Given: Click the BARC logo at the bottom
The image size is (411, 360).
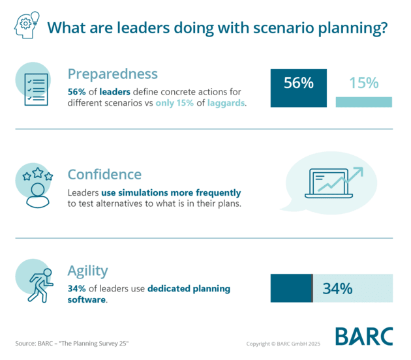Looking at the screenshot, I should tap(364, 336).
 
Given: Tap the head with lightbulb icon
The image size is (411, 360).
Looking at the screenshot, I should tap(25, 27).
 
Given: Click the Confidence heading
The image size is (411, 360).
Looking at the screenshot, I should tap(104, 174).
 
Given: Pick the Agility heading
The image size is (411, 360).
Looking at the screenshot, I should tap(88, 270).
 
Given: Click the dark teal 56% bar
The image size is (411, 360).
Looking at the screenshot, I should tap(298, 87).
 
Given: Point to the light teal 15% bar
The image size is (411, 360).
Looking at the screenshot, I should tap(363, 102).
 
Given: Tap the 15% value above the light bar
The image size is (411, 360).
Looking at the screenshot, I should tap(363, 83).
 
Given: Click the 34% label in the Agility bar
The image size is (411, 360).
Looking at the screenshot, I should tap(337, 288).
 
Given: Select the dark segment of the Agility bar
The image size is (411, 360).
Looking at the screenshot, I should tap(292, 288).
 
